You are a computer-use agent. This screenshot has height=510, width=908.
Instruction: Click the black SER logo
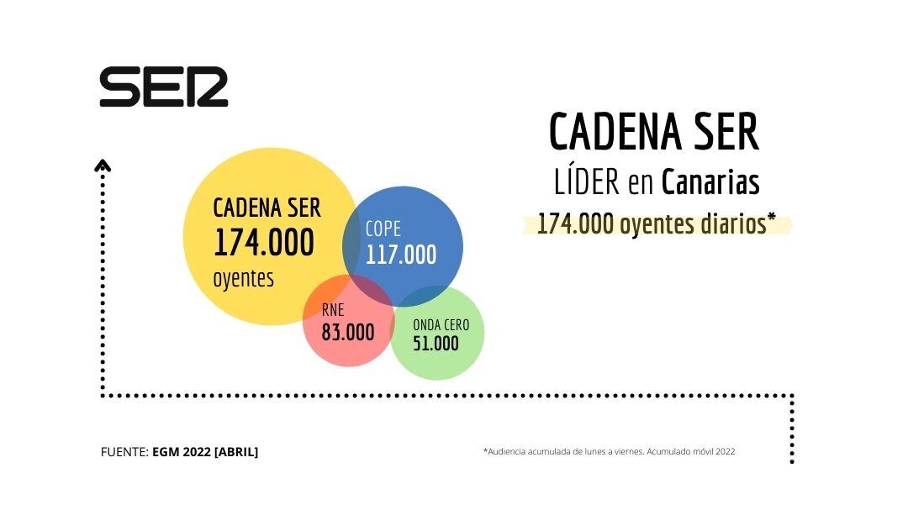[164, 87]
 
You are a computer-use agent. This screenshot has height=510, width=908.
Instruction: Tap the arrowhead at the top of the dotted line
[103, 166]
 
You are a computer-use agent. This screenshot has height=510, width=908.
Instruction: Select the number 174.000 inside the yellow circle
[263, 243]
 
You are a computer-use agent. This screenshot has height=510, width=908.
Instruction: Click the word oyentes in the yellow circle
[243, 278]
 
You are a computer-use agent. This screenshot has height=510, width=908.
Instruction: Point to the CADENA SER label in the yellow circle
[267, 208]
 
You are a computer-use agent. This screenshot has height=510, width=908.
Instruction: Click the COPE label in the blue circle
[383, 229]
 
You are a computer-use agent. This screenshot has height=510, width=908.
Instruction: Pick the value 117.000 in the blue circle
[401, 255]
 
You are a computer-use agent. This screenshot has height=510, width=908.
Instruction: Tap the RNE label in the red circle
[333, 310]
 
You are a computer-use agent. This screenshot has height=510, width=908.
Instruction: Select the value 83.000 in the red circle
[348, 332]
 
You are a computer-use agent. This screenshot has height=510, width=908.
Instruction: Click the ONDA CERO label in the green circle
[441, 325]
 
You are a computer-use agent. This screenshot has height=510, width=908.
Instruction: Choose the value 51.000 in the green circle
[436, 344]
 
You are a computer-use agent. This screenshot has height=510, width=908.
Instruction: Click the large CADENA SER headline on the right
[653, 133]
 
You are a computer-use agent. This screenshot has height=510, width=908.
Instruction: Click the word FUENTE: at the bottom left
[124, 452]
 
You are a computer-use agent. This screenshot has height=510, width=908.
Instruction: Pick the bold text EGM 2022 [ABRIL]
[205, 452]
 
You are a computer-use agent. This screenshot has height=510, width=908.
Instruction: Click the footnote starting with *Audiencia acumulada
[609, 451]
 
